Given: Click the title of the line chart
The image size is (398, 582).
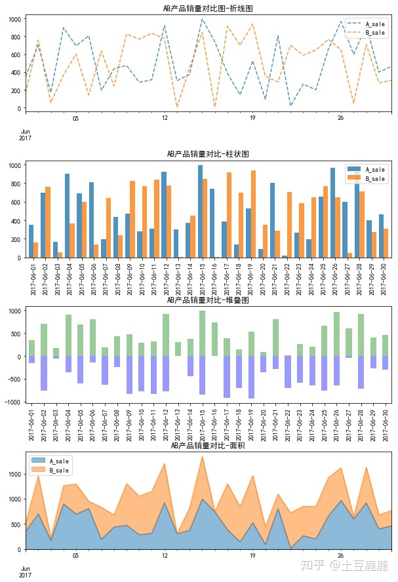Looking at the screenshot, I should [208, 9].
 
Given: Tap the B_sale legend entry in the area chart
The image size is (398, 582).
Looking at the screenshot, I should [60, 470].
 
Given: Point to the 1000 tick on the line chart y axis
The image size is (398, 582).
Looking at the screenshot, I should [14, 19].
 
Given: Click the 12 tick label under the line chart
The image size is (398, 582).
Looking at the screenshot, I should [164, 118].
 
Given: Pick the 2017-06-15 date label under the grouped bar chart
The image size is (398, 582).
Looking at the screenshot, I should [201, 279].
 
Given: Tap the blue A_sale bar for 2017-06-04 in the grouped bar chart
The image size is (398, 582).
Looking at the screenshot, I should [67, 216].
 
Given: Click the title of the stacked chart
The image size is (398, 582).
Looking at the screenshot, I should [208, 300].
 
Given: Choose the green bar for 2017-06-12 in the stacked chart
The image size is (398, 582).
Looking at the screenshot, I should [165, 335].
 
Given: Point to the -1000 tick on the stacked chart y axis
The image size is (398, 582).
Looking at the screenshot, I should [12, 402].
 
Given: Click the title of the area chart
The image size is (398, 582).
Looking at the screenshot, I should [208, 446].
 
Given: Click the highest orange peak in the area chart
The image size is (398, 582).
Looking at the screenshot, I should [202, 457].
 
